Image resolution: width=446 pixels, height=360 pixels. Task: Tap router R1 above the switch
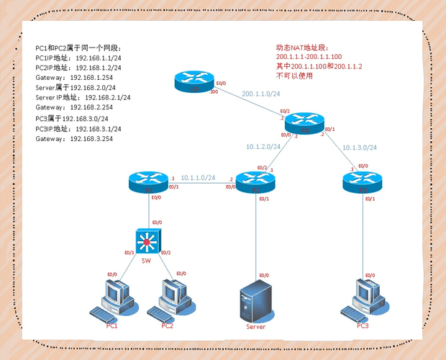click(x=150, y=183)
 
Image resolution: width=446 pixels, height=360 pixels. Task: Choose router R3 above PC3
click(x=361, y=182)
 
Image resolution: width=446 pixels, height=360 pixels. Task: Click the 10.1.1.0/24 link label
click(x=198, y=176)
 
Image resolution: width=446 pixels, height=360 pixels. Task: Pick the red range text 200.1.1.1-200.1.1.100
click(x=309, y=56)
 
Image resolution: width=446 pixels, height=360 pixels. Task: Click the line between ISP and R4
click(x=248, y=101)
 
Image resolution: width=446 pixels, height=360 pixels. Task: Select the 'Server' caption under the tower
click(x=255, y=327)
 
